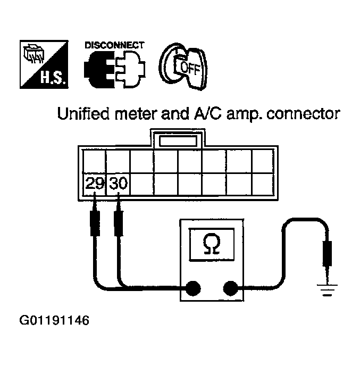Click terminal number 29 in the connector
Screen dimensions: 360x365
95,183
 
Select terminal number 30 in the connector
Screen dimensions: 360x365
119,183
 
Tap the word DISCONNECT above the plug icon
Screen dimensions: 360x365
114,45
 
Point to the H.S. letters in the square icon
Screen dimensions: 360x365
53,77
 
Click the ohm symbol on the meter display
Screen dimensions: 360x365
212,244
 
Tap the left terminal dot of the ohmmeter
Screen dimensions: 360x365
193,288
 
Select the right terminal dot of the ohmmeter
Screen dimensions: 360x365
231,288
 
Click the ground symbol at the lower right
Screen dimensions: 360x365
327,290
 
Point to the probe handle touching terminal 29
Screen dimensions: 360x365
95,223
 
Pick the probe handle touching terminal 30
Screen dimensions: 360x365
119,223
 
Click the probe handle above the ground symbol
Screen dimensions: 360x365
327,253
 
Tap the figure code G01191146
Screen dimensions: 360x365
54,320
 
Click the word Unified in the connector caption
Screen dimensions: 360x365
83,114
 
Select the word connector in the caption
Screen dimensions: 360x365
303,114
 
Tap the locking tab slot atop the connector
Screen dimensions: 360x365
178,142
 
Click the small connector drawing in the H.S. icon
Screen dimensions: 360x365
34,54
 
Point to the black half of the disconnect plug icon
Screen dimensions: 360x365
99,69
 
